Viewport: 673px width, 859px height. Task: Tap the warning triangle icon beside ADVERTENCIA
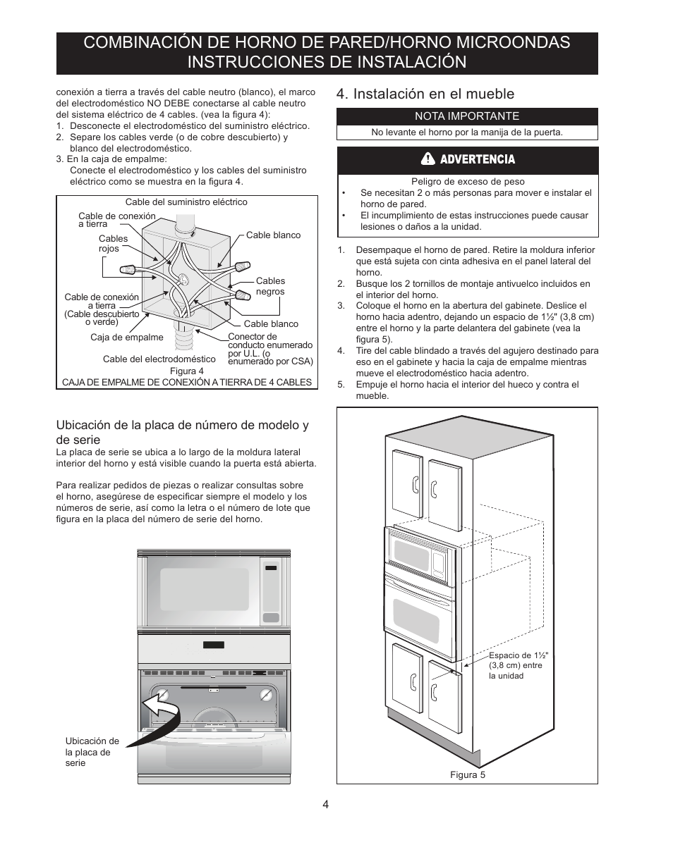coord(428,159)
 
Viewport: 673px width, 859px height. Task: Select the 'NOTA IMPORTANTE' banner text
coord(466,116)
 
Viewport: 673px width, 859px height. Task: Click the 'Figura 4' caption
coord(186,371)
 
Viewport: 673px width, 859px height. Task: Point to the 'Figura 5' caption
coord(468,774)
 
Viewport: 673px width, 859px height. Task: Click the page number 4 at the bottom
coord(326,805)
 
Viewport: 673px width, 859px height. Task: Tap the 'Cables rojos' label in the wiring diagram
coord(113,244)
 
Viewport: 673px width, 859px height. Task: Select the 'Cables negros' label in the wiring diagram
coord(270,286)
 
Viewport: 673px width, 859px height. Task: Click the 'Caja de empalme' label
coord(127,338)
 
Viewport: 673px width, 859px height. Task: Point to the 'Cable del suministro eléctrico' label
coord(186,202)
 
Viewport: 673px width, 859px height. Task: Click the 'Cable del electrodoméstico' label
coord(159,359)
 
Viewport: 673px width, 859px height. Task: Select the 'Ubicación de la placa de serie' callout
coord(92,752)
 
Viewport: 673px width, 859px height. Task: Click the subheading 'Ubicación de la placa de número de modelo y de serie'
coord(182,432)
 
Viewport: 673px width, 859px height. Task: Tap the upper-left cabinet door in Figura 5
coord(407,483)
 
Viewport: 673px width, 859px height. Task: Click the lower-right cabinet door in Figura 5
coord(444,694)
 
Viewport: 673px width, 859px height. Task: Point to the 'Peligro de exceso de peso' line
coord(468,182)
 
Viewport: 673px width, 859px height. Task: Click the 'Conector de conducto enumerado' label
coord(269,341)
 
